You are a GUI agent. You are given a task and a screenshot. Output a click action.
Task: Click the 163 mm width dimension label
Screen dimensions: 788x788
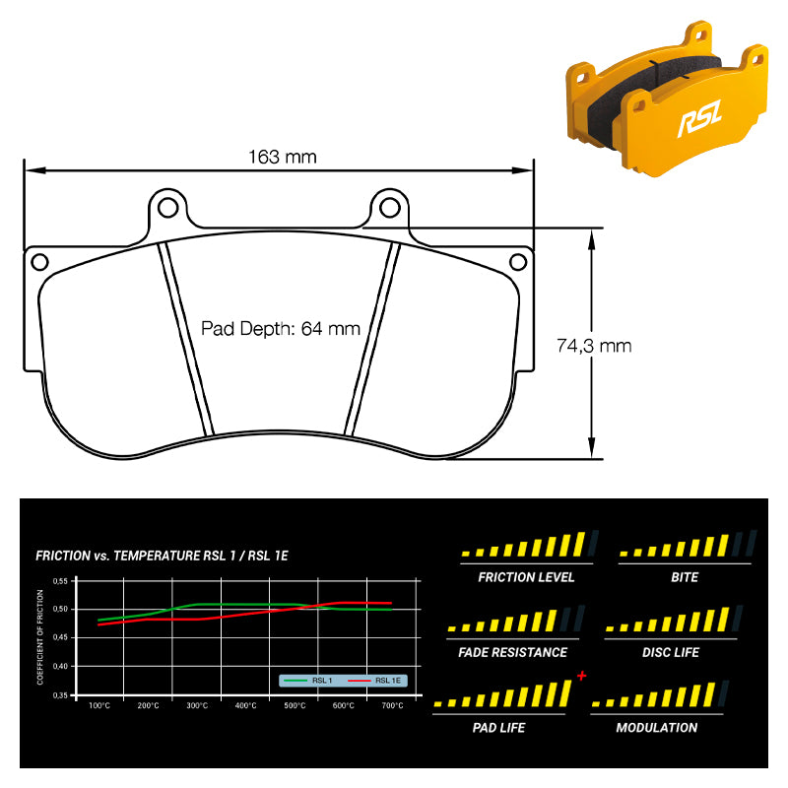click(x=283, y=157)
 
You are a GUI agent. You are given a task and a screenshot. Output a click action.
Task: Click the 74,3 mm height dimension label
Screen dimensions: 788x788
click(x=594, y=346)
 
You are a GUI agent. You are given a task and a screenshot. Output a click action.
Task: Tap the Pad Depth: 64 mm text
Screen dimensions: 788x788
click(x=281, y=329)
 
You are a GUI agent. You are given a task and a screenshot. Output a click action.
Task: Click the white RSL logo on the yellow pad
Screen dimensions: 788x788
click(x=699, y=118)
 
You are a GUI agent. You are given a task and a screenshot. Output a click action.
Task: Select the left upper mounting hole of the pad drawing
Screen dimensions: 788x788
click(x=167, y=207)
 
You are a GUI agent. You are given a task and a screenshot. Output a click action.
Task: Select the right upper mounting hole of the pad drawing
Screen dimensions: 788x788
click(x=389, y=207)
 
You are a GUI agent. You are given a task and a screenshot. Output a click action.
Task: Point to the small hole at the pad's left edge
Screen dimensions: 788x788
click(x=39, y=262)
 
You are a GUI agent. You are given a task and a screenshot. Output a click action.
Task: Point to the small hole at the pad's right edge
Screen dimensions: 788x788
click(x=518, y=262)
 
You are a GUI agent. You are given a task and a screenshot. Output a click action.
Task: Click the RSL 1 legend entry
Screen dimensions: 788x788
click(x=308, y=681)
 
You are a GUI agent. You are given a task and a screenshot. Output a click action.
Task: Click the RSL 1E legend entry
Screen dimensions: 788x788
click(x=374, y=681)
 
